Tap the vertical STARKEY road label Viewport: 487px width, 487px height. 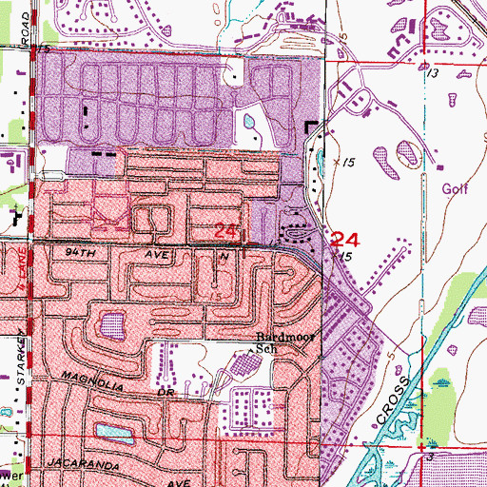point(20,361)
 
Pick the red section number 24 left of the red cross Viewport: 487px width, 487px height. point(225,231)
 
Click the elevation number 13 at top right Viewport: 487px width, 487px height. point(433,73)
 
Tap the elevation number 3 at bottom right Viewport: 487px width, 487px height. point(431,458)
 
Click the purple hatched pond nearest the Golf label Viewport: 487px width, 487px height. point(407,150)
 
